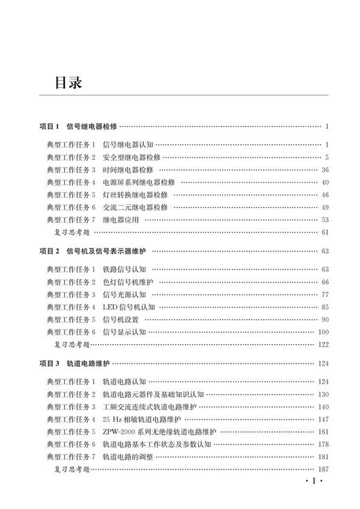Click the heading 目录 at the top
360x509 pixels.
(x=69, y=82)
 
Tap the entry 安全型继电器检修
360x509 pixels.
(x=131, y=157)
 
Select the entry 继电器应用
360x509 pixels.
(x=120, y=220)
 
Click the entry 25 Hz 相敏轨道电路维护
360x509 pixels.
(x=141, y=419)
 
